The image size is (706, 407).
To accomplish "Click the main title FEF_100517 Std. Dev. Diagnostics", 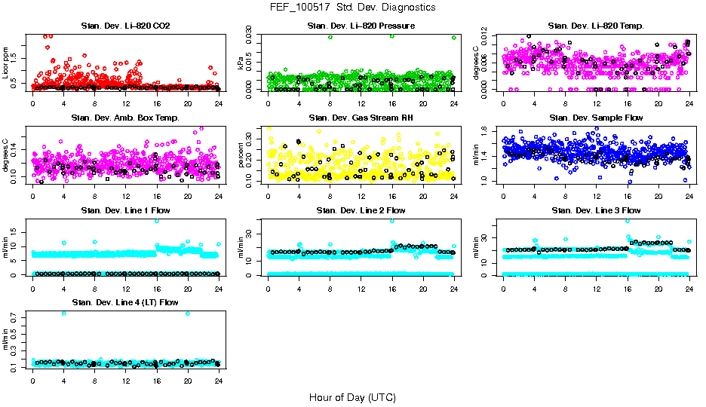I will tap(352, 8).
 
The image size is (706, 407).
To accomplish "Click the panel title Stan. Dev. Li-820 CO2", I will tap(125, 26).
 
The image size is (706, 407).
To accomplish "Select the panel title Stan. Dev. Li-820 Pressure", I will tap(361, 26).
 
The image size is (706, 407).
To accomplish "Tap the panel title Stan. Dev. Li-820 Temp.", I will tap(596, 26).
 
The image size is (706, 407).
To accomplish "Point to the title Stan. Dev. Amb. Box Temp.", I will tap(125, 118).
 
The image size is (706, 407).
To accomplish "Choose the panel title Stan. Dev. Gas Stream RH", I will tap(361, 118).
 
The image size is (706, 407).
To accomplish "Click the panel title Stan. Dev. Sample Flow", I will tap(596, 118).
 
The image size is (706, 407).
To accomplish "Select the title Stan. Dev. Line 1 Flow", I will tap(125, 210).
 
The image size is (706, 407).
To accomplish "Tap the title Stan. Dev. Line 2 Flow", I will tap(361, 210).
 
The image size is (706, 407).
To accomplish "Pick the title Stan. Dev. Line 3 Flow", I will tap(596, 210).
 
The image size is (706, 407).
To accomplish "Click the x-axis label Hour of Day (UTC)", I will tap(352, 397).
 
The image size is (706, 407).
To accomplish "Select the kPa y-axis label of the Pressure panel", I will tap(242, 63).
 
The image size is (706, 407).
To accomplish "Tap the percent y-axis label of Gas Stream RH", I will tap(242, 155).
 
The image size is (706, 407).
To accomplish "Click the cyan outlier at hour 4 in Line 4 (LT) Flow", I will tap(63, 314).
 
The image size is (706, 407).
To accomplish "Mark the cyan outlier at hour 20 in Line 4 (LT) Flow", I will tap(188, 314).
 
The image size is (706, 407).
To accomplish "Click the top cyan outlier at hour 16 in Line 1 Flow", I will tap(157, 221).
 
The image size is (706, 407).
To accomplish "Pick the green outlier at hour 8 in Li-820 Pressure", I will tap(330, 37).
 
